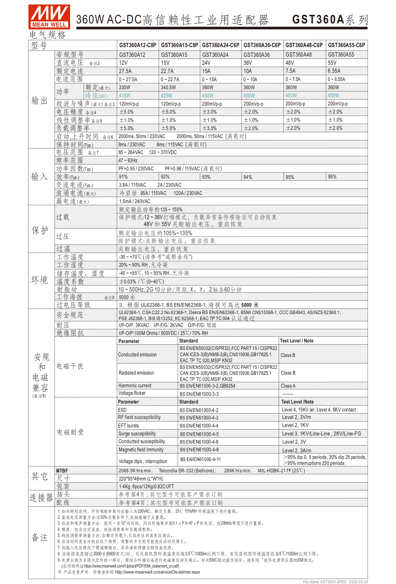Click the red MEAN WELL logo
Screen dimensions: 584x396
pos(49,17)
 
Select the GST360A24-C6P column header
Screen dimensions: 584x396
pos(220,45)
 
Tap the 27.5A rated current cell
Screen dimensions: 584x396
pos(125,71)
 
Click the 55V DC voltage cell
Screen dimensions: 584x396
pos(332,63)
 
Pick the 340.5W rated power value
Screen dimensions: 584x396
pos(168,87)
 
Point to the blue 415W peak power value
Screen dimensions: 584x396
pos(125,96)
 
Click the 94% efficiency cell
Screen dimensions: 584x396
pos(248,177)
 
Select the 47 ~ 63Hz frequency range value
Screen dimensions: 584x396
pos(128,160)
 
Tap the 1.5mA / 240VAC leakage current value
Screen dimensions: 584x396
pos(134,201)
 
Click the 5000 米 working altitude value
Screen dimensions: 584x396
pos(127,297)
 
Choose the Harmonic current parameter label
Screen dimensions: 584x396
pos(135,386)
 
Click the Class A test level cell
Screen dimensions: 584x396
pos(288,386)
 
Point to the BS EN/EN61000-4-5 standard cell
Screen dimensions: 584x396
pos(199,434)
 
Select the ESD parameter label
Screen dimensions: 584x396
pos(122,410)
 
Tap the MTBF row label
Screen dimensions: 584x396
pos(62,471)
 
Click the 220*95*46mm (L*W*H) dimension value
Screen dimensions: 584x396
pos(141,479)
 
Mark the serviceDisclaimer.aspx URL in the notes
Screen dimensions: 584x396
pos(157,572)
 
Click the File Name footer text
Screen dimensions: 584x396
pos(335,582)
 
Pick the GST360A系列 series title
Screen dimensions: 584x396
pos(330,20)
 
